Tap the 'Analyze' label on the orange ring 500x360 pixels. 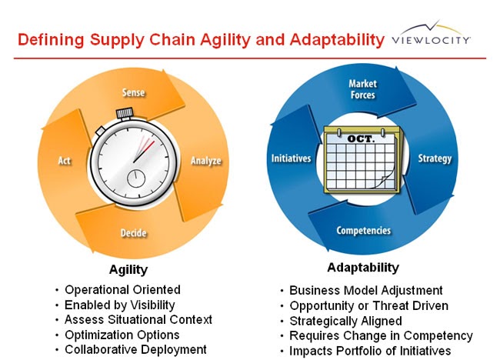[205, 161]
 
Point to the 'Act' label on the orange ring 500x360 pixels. [65, 161]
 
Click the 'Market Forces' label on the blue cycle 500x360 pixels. [362, 88]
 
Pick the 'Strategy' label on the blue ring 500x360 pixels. [435, 159]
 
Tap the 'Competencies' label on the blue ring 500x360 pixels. [363, 231]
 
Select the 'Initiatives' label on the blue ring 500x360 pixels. [291, 159]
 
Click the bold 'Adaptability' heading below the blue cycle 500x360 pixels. [363, 268]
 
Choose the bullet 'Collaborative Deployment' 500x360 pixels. [135, 349]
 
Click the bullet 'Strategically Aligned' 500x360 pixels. [345, 321]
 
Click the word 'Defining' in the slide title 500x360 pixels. [52, 38]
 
